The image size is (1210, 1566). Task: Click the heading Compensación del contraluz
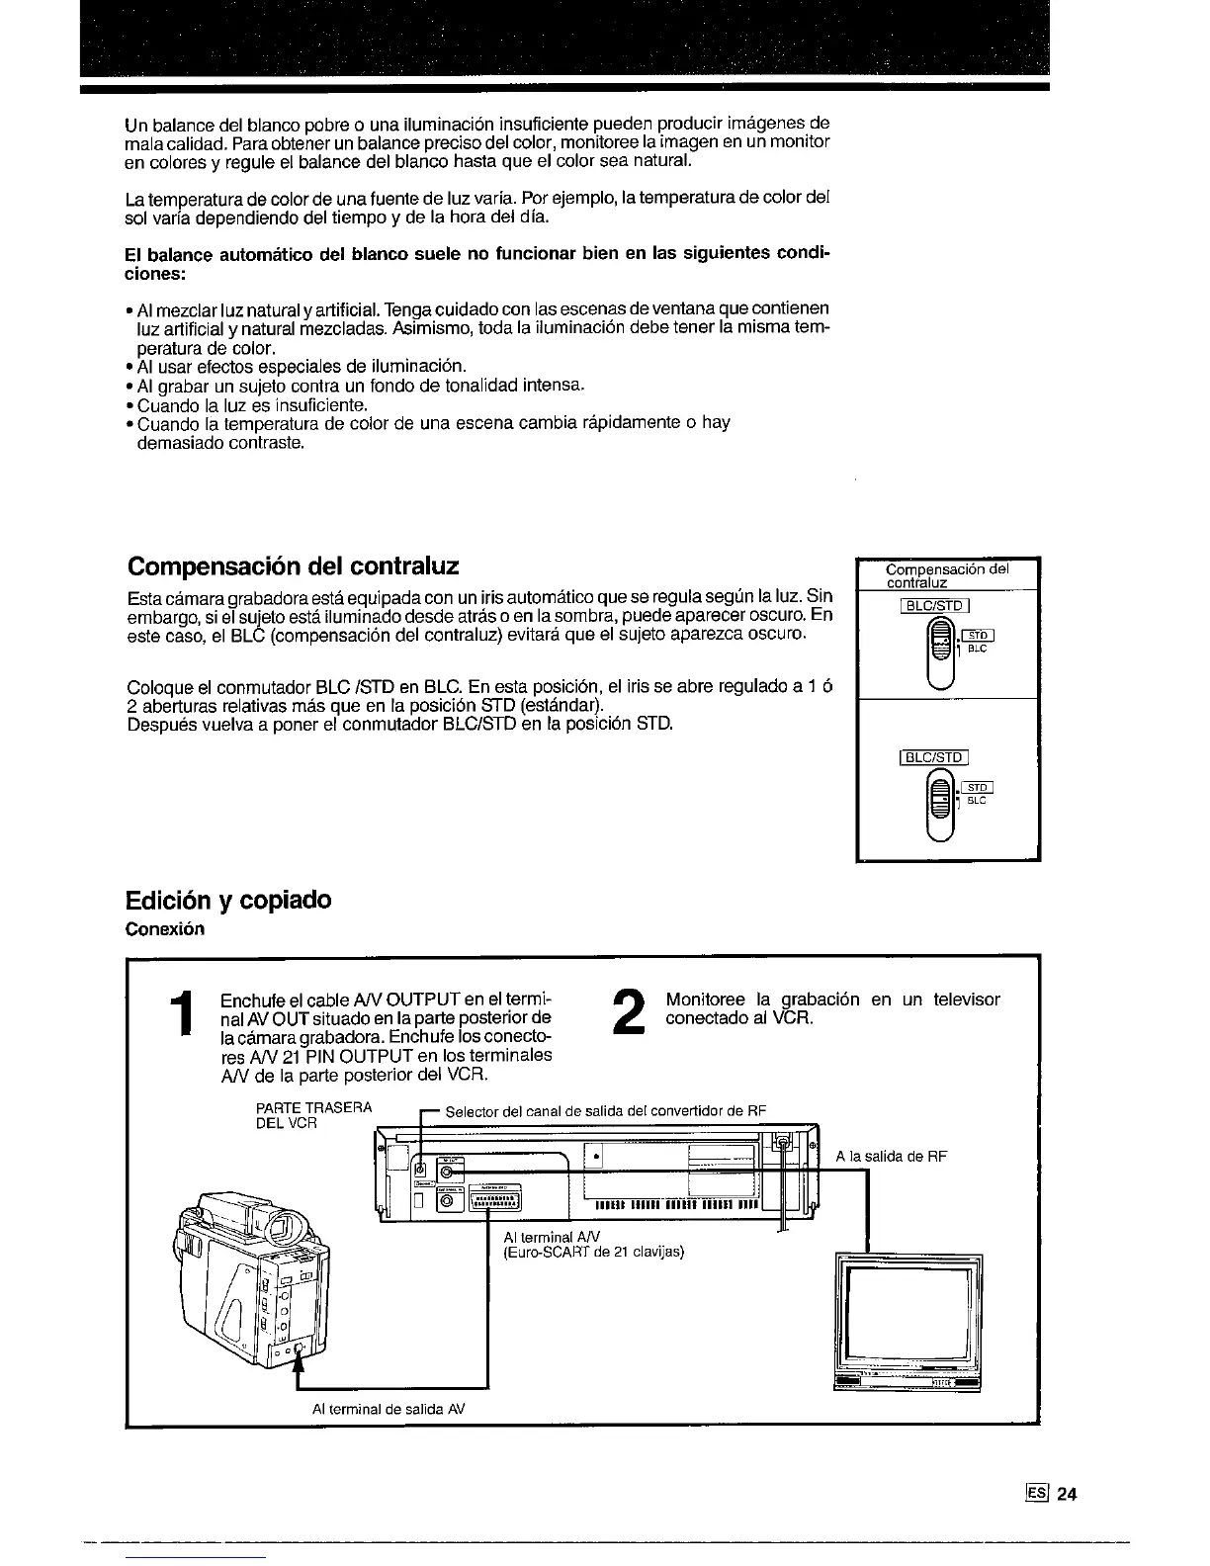coord(294,566)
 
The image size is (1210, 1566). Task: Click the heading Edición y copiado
coord(228,901)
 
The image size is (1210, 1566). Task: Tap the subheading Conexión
coord(165,929)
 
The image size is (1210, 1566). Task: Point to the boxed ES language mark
coord(1037,1494)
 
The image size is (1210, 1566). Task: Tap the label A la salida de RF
coord(891,1157)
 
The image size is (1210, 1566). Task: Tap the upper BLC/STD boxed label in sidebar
coord(935,606)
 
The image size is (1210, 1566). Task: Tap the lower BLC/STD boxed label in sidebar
coord(933,758)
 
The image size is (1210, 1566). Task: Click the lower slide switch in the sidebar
coord(942,804)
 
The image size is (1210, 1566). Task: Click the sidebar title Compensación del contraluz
coord(946,575)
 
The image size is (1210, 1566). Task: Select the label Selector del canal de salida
coord(605,1110)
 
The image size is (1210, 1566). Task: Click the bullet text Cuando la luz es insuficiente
coord(252,405)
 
